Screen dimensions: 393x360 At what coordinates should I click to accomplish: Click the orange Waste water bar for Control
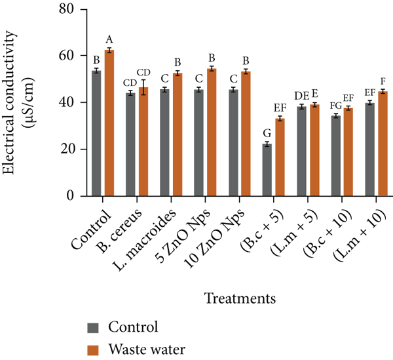(x=109, y=123)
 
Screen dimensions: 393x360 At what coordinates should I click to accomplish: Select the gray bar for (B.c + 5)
(x=267, y=170)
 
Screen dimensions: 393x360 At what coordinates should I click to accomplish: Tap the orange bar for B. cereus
(x=143, y=142)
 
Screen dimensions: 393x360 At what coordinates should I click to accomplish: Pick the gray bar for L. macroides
(x=164, y=142)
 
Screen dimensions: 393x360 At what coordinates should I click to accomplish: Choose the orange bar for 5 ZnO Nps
(x=212, y=132)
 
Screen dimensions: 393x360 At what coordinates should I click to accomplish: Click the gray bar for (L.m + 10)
(x=370, y=150)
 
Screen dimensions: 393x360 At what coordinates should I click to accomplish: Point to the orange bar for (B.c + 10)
(x=348, y=152)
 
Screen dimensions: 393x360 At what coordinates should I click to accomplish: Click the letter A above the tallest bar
(x=109, y=39)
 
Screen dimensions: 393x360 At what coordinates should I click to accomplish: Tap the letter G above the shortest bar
(x=267, y=134)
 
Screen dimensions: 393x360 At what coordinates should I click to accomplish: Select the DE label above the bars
(x=301, y=96)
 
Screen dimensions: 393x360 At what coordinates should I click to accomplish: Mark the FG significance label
(x=335, y=106)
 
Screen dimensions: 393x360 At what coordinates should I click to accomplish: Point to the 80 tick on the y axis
(x=67, y=9)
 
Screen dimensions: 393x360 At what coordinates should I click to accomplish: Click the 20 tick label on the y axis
(x=67, y=150)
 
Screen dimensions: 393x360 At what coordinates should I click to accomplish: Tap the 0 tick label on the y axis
(x=71, y=196)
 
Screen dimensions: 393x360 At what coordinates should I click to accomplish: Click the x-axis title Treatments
(x=240, y=298)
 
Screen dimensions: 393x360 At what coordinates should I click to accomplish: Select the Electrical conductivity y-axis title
(x=9, y=102)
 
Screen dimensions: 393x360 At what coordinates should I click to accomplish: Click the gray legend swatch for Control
(x=93, y=328)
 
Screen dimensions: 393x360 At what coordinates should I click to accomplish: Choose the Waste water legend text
(x=147, y=350)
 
